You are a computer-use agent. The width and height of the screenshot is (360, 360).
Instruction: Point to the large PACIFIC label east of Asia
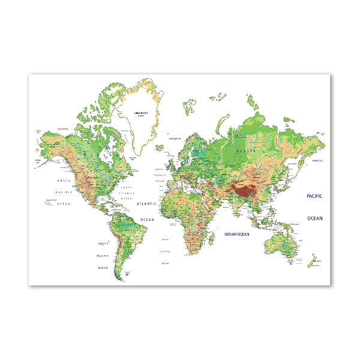[314, 196]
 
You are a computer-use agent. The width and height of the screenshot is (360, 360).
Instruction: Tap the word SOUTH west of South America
[103, 244]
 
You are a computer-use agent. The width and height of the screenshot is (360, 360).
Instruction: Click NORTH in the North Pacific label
[64, 181]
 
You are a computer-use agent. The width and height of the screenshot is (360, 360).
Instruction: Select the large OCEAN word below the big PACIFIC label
[314, 218]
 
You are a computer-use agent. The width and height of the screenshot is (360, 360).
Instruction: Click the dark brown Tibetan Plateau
[245, 191]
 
